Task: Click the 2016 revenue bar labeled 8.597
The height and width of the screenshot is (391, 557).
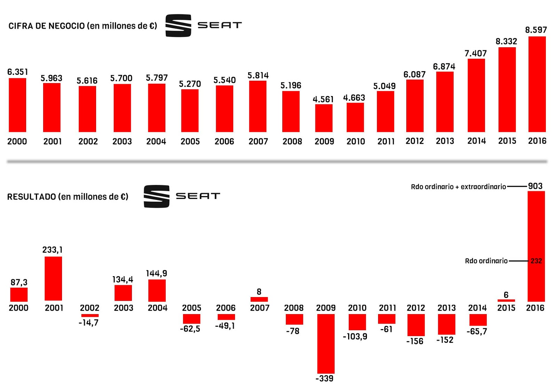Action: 537,84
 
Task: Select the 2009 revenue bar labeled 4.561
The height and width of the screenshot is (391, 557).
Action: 324,118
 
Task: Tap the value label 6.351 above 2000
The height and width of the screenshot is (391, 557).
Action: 18,72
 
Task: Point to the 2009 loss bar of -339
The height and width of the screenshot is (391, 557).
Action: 326,343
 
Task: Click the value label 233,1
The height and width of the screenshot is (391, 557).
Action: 52,250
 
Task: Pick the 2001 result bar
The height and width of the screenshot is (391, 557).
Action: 53,278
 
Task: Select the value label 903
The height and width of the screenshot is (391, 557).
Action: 535,186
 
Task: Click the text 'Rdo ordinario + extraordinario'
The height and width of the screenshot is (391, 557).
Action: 458,187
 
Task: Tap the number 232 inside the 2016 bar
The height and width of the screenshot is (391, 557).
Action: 536,261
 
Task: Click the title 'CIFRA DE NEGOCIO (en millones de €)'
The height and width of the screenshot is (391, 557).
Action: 83,26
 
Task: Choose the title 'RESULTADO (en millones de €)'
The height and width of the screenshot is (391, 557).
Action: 68,197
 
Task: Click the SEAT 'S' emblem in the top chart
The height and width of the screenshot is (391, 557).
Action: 178,25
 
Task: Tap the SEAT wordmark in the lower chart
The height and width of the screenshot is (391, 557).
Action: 198,196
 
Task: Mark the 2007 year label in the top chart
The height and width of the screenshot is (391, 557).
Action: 258,142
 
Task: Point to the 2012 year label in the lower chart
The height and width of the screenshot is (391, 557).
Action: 416,308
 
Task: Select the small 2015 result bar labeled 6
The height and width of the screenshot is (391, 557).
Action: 506,300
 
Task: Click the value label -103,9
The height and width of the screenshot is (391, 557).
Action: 355,336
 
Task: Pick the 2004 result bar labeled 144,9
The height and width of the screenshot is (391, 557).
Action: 157,290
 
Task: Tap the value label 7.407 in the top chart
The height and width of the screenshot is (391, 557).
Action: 476,54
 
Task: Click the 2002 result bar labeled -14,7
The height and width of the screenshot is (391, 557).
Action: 90,316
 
